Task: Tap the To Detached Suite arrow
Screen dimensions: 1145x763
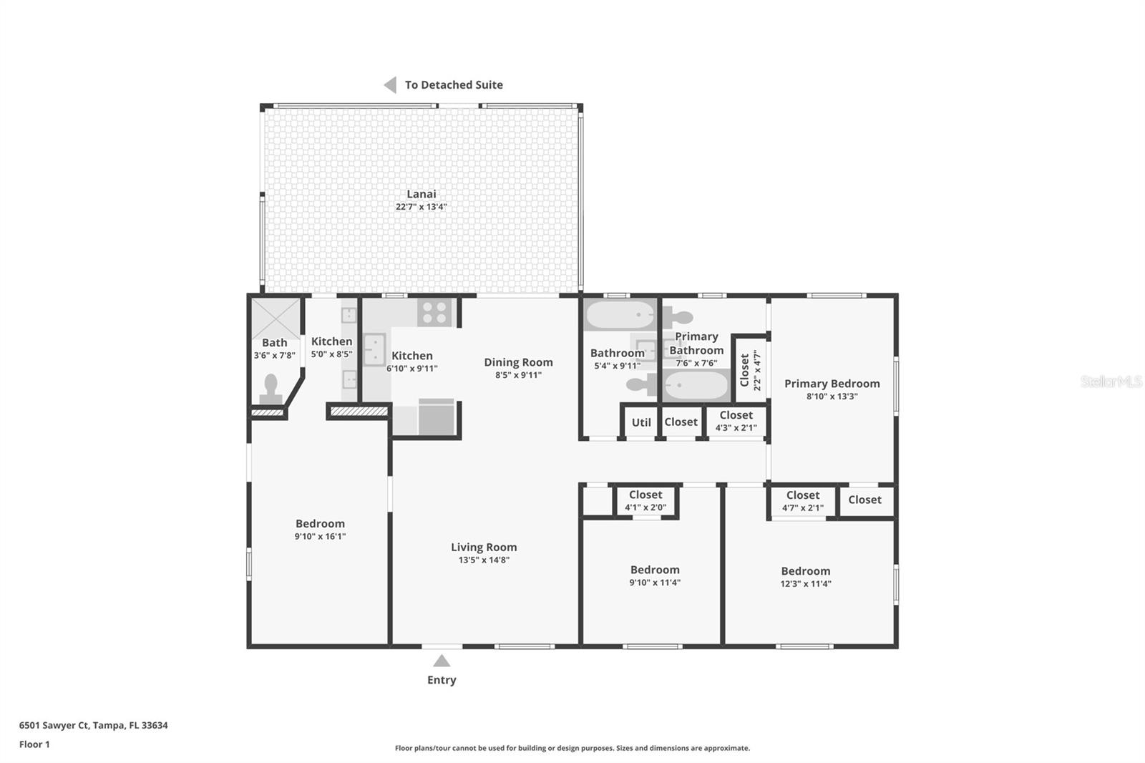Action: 391,85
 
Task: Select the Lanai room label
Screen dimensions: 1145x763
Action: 422,194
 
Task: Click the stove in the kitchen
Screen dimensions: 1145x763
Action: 434,313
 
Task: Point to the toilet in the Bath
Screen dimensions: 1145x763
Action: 271,389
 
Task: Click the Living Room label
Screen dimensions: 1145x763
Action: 484,547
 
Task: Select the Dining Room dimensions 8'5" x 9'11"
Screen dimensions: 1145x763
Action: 518,375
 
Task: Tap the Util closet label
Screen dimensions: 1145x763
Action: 641,422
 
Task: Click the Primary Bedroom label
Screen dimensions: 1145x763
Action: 832,384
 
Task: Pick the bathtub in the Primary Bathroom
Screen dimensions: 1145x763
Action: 695,385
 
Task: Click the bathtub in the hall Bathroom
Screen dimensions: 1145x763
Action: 620,314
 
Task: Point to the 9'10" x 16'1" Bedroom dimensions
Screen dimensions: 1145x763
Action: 320,536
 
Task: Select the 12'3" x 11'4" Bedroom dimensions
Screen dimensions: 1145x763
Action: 806,584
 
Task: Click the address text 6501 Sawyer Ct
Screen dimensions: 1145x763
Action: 54,725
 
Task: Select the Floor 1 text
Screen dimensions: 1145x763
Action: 34,744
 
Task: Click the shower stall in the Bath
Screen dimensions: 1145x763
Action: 276,319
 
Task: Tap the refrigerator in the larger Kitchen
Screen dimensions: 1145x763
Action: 437,417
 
